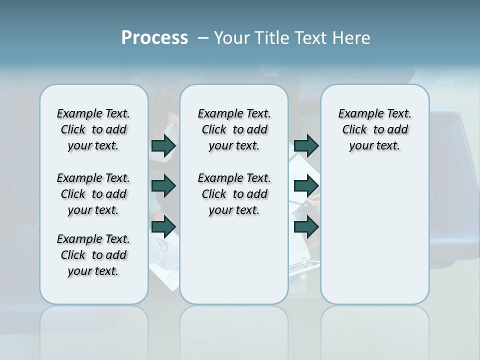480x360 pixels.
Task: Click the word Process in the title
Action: coord(154,38)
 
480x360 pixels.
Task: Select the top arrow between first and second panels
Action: coord(163,146)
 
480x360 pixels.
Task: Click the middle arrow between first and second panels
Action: coord(163,186)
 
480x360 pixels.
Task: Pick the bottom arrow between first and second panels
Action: coord(163,227)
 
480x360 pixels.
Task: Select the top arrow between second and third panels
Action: coord(306,146)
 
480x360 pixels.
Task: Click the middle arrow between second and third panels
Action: coord(306,186)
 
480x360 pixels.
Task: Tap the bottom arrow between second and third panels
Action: coord(306,227)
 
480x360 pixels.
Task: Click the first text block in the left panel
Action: coord(93,129)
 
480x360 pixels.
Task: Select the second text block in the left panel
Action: coord(93,194)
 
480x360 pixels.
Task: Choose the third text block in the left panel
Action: coord(93,255)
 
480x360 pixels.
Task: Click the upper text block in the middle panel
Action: coord(234,129)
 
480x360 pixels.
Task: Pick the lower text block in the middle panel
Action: coord(234,194)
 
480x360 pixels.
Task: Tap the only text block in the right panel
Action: coord(375,129)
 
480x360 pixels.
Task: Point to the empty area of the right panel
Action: coord(375,230)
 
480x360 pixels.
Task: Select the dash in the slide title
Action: coord(203,38)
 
